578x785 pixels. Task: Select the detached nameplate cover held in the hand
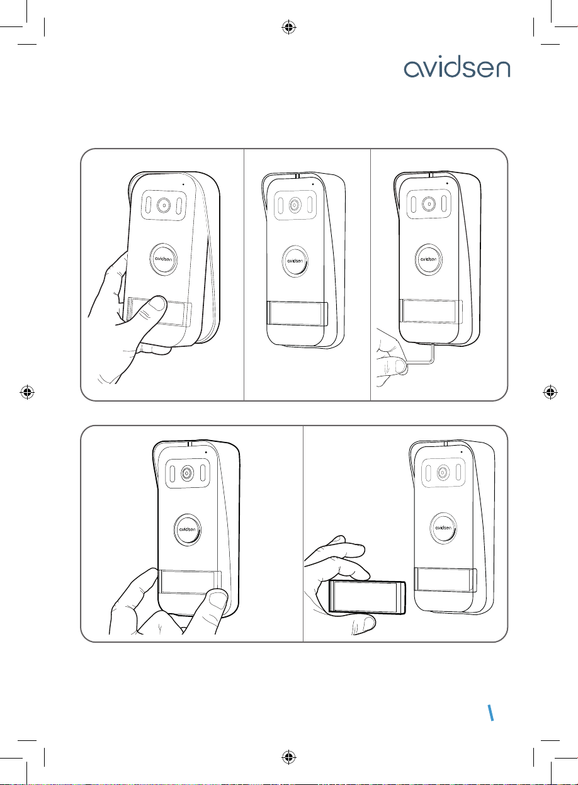(367, 596)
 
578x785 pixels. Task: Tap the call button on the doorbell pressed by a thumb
(164, 257)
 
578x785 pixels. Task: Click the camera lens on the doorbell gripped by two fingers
(188, 473)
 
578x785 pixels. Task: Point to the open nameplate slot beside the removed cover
(446, 580)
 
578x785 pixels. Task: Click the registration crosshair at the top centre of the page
(289, 27)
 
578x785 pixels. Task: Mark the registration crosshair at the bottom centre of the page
(289, 757)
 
